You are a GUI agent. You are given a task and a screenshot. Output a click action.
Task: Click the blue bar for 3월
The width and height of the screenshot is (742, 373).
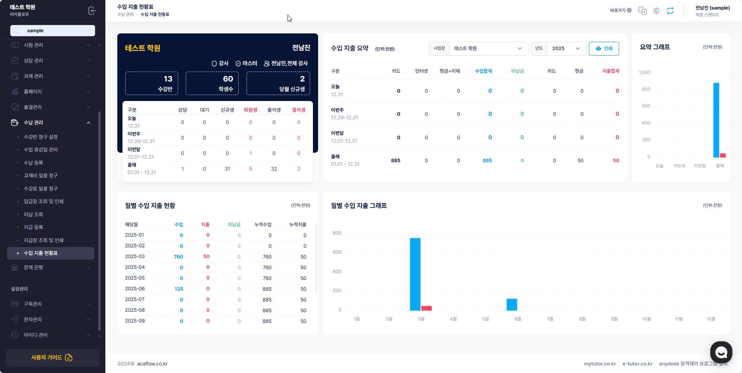pyautogui.click(x=415, y=274)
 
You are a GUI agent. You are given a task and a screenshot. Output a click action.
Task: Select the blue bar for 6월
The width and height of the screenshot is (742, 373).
pyautogui.click(x=512, y=305)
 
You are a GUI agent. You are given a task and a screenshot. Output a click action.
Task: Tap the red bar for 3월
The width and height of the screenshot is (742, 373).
pyautogui.click(x=426, y=308)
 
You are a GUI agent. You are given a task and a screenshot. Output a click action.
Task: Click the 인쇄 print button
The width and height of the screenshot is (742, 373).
pyautogui.click(x=604, y=49)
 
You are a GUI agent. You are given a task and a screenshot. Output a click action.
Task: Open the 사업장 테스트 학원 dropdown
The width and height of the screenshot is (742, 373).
pyautogui.click(x=488, y=49)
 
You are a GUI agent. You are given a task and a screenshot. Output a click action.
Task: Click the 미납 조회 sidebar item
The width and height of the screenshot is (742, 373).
pyautogui.click(x=33, y=214)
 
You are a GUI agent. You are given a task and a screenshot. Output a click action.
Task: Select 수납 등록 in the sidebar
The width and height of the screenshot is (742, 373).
pyautogui.click(x=33, y=163)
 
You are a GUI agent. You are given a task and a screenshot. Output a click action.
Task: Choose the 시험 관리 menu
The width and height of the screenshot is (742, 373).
pyautogui.click(x=33, y=45)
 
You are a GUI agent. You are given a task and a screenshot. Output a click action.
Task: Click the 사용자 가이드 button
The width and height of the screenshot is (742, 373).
pyautogui.click(x=52, y=357)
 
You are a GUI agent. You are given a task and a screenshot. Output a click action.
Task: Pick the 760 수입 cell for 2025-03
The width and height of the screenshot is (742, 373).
pyautogui.click(x=179, y=257)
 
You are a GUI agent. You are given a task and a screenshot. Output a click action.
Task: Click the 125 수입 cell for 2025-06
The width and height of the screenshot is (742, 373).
pyautogui.click(x=179, y=289)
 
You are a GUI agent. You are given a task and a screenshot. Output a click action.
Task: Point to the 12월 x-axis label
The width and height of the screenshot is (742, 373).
pyautogui.click(x=711, y=319)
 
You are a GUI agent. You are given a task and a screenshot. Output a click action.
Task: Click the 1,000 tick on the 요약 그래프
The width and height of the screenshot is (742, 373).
pyautogui.click(x=645, y=72)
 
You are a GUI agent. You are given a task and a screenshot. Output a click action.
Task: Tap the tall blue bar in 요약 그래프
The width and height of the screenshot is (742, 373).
pyautogui.click(x=716, y=120)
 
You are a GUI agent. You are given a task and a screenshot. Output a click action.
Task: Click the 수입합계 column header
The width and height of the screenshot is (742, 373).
pyautogui.click(x=484, y=71)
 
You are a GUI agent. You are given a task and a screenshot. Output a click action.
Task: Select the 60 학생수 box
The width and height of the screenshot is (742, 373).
pyautogui.click(x=212, y=84)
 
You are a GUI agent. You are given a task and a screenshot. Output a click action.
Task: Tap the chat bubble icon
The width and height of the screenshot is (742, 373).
pyautogui.click(x=721, y=352)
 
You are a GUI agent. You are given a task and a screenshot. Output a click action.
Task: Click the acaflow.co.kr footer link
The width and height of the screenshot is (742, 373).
pyautogui.click(x=152, y=364)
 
